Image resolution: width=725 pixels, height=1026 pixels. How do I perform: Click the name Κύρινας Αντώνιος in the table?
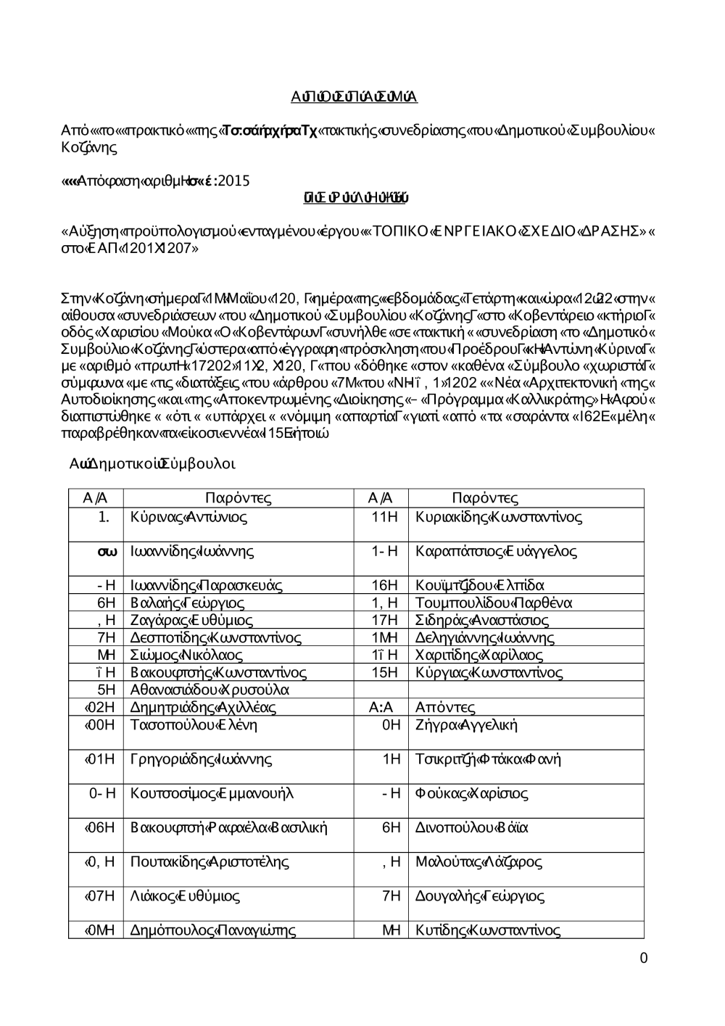(188, 518)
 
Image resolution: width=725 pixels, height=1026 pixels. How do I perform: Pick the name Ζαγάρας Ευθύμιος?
(191, 621)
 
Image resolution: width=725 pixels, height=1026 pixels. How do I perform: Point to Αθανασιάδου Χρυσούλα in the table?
(210, 690)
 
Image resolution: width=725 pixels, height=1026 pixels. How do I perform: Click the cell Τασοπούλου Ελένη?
(194, 725)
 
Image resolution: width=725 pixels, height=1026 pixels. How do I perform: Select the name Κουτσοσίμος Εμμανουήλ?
(212, 793)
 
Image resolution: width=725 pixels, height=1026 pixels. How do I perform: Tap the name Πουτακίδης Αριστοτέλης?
(210, 862)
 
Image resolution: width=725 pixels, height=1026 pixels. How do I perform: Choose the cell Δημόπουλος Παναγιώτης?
(213, 931)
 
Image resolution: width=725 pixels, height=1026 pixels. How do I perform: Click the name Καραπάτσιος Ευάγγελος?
(496, 552)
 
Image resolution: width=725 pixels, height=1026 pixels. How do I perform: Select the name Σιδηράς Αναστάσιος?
(482, 621)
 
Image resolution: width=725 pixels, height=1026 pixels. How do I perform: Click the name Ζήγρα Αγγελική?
(466, 725)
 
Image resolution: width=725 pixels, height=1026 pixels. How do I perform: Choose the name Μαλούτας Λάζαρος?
(478, 862)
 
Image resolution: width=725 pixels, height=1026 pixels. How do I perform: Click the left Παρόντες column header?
(238, 498)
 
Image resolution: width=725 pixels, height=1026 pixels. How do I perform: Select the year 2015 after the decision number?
(233, 181)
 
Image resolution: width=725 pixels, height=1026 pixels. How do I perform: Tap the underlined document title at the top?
(354, 98)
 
